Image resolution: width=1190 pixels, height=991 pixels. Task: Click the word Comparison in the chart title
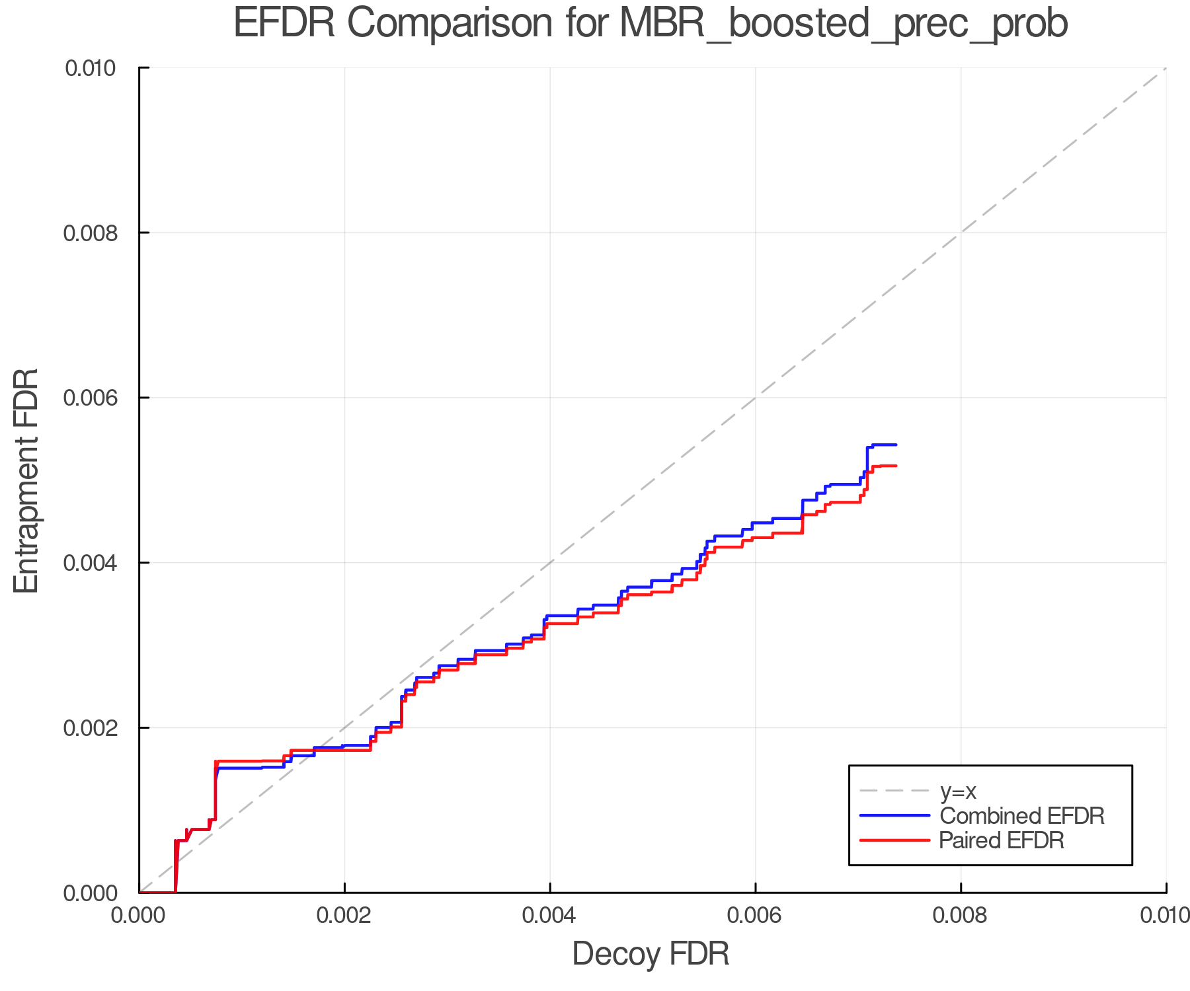tap(450, 24)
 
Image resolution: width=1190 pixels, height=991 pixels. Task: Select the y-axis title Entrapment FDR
tap(26, 480)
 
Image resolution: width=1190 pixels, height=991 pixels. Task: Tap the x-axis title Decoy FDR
tap(651, 954)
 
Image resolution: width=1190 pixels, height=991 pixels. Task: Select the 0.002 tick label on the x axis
tap(344, 916)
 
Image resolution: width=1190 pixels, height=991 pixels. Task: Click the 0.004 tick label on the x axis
tap(550, 916)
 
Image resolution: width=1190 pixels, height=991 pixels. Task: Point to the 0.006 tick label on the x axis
tap(756, 916)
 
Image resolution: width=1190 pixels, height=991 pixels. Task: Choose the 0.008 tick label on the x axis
tap(961, 916)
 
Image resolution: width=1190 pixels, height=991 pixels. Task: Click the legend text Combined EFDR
tap(1021, 816)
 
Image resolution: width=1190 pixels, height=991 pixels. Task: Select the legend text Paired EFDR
tap(1002, 840)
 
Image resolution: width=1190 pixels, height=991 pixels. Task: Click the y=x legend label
tap(958, 791)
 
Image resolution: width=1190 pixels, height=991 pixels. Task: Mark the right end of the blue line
tap(896, 445)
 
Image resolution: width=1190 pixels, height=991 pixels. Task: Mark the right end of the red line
tap(896, 466)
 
